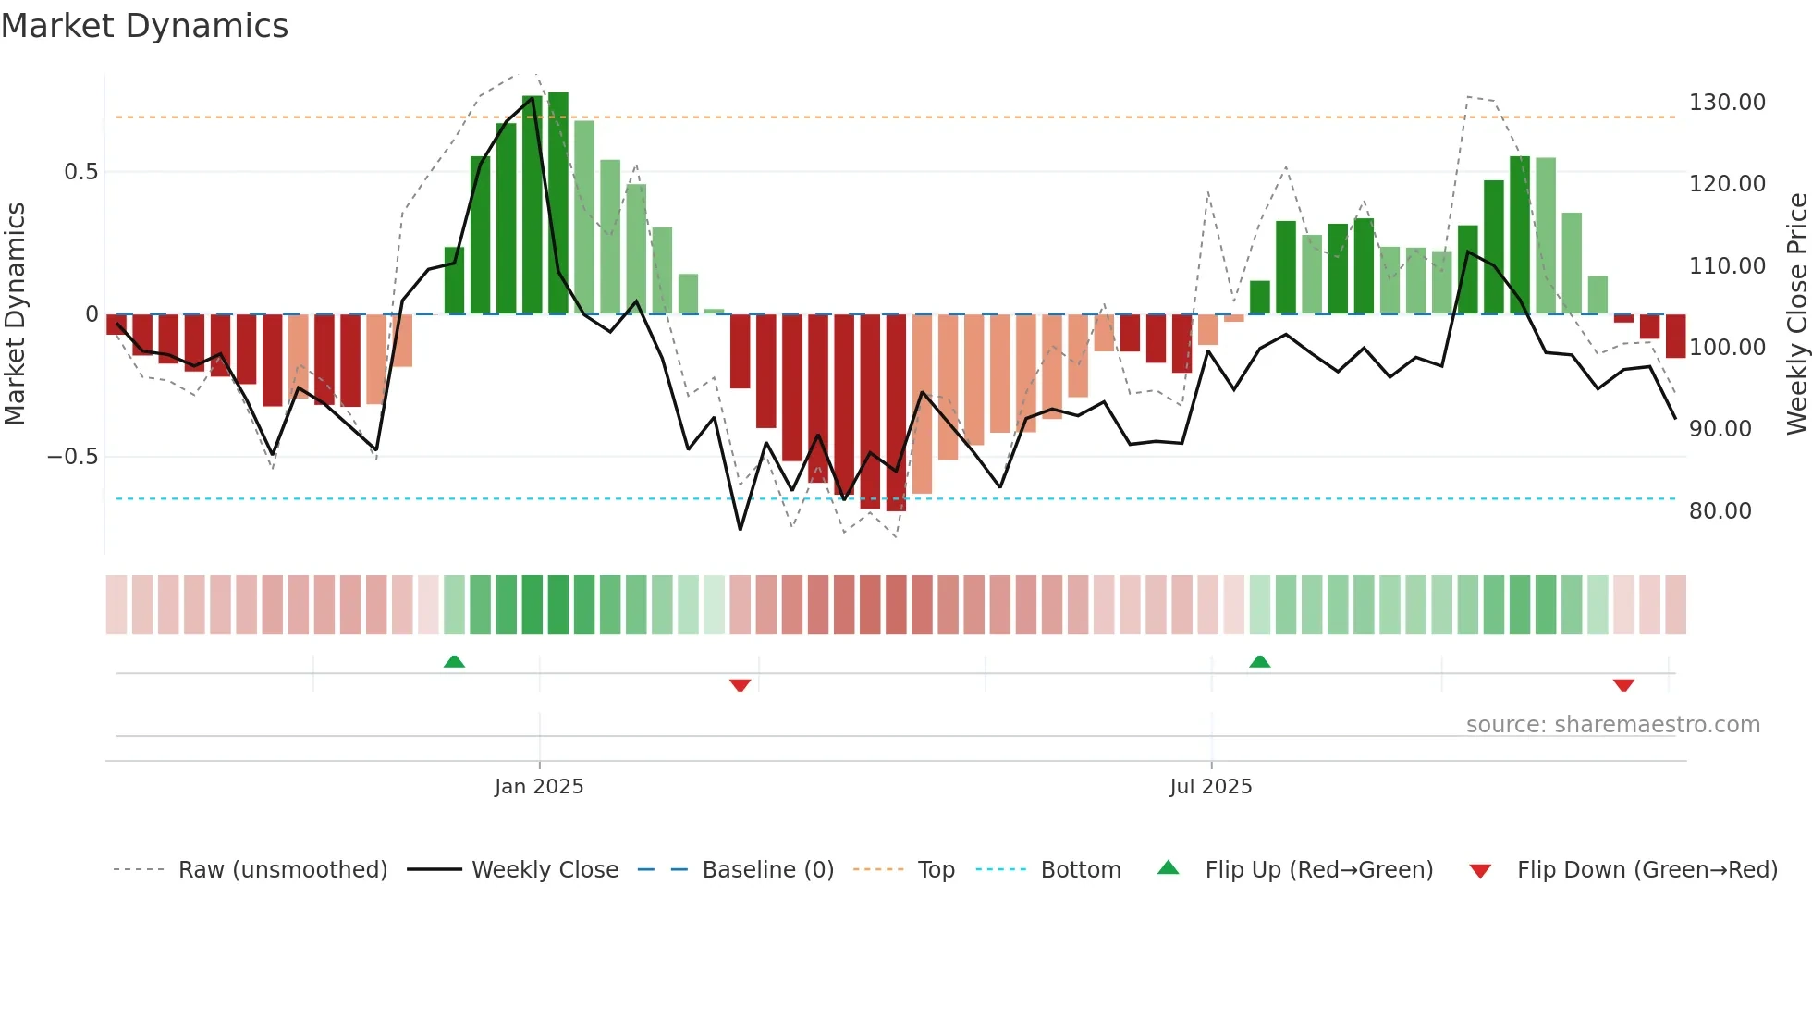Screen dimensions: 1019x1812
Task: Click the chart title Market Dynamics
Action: [x=144, y=26]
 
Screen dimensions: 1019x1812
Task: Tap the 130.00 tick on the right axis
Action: [x=1727, y=103]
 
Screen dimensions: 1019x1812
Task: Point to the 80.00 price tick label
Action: [x=1720, y=511]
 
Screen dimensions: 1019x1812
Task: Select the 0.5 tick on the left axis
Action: [x=80, y=172]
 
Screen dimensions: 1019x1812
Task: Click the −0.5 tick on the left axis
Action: [x=73, y=457]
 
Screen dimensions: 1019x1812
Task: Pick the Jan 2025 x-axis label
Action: [x=539, y=787]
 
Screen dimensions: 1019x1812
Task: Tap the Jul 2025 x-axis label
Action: [x=1210, y=787]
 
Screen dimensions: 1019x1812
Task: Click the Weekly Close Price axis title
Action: [x=1796, y=314]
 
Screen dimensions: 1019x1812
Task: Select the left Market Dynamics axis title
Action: [x=15, y=314]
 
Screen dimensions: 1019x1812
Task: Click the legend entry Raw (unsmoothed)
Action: [x=282, y=870]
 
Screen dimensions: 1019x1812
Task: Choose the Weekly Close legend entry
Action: [x=545, y=870]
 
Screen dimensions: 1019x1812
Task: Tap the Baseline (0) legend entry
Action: [x=767, y=870]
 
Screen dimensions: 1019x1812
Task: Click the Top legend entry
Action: [x=936, y=870]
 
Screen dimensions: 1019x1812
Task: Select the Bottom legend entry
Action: [x=1080, y=870]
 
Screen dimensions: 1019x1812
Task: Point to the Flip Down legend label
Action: [x=1647, y=870]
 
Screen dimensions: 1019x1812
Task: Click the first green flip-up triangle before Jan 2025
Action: [x=454, y=661]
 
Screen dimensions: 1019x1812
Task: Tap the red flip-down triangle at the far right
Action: [x=1623, y=685]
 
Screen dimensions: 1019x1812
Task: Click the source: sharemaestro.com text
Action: [x=1612, y=725]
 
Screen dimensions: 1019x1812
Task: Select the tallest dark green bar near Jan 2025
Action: [x=558, y=203]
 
